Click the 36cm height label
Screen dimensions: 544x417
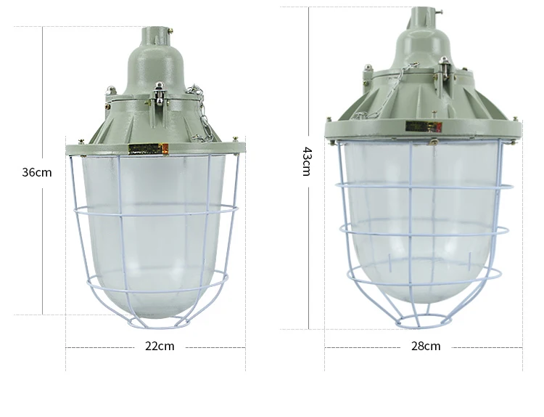click(37, 172)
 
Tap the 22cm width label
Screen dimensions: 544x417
click(160, 346)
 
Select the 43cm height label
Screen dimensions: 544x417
click(307, 161)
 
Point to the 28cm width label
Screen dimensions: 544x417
click(426, 346)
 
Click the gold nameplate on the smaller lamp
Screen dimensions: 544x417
click(148, 149)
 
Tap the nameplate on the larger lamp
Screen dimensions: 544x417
click(424, 126)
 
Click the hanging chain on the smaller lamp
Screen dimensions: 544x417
click(199, 113)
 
